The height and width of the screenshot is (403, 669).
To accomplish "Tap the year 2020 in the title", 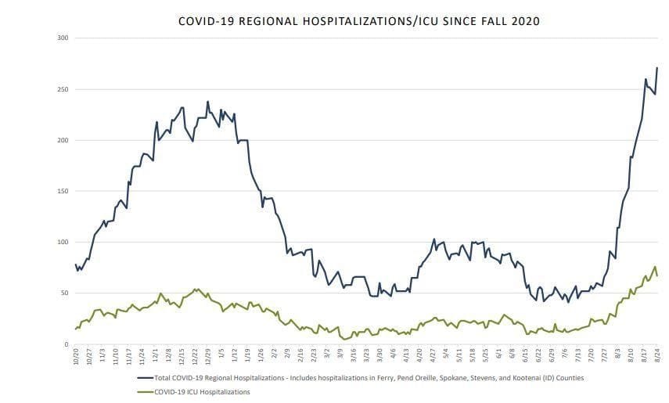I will (x=523, y=21).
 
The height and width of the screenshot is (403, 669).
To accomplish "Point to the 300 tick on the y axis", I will (x=63, y=38).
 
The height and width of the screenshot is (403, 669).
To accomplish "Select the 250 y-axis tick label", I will (x=63, y=89).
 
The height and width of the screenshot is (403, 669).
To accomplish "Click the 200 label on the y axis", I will (x=63, y=140).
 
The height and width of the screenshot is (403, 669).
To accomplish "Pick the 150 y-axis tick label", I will (x=63, y=191).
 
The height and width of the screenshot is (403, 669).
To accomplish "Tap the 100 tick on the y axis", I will (x=63, y=242).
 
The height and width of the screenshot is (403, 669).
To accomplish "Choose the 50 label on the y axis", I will (x=64, y=293).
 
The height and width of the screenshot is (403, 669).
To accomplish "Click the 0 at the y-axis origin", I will (x=66, y=344).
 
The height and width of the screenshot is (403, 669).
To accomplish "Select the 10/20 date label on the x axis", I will (x=76, y=356).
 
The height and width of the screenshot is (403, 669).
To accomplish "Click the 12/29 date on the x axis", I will (x=208, y=356).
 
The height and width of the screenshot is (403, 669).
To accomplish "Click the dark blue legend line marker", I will (x=146, y=377).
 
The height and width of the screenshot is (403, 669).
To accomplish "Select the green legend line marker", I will (x=146, y=391).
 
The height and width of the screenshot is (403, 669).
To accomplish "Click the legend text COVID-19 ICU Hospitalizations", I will (x=203, y=391).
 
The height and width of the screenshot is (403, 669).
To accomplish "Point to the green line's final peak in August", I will (x=655, y=267).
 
